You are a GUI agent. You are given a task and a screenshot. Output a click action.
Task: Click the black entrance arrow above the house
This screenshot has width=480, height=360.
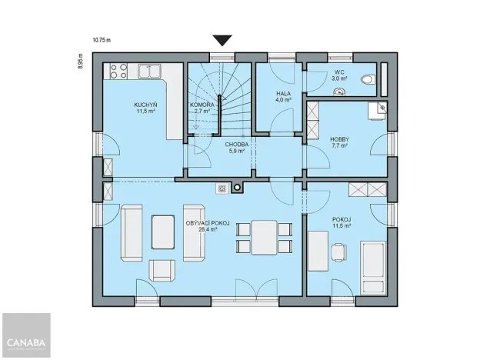coord(223,41)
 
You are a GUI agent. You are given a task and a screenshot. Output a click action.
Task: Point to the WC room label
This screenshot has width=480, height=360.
coord(339,75)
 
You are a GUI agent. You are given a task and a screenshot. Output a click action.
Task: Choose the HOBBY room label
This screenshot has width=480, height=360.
coord(339,141)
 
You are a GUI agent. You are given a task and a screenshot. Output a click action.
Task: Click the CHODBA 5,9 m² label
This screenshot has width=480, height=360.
coord(236,147)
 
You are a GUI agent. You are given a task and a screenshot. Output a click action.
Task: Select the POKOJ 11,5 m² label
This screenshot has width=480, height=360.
coord(342,222)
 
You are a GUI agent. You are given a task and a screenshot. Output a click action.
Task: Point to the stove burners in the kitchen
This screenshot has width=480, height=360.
coord(118,72)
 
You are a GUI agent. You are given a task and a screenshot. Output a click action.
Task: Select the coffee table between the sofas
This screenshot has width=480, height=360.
coord(162,231)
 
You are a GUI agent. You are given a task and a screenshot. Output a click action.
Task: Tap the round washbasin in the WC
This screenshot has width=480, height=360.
coord(338,91)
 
